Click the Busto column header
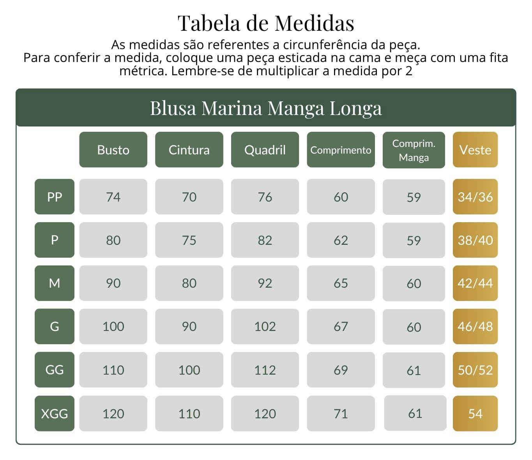pyautogui.click(x=113, y=150)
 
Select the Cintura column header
pyautogui.click(x=189, y=150)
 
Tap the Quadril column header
pyautogui.click(x=265, y=150)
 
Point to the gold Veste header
pyautogui.click(x=475, y=150)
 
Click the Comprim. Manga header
pyautogui.click(x=414, y=150)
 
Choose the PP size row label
pyautogui.click(x=55, y=196)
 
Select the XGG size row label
pyautogui.click(x=55, y=413)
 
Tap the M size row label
pyautogui.click(x=55, y=283)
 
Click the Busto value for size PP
pyautogui.click(x=113, y=196)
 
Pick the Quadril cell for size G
pyautogui.click(x=265, y=326)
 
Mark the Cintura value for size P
pyautogui.click(x=189, y=240)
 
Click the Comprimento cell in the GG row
pyautogui.click(x=341, y=370)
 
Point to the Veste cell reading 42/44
pyautogui.click(x=475, y=283)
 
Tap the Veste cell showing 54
pyautogui.click(x=475, y=413)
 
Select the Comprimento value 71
pyautogui.click(x=341, y=413)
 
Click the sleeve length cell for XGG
pyautogui.click(x=415, y=413)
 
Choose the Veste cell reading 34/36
pyautogui.click(x=475, y=196)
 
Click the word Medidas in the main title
pyautogui.click(x=315, y=23)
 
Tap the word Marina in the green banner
pyautogui.click(x=232, y=108)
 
